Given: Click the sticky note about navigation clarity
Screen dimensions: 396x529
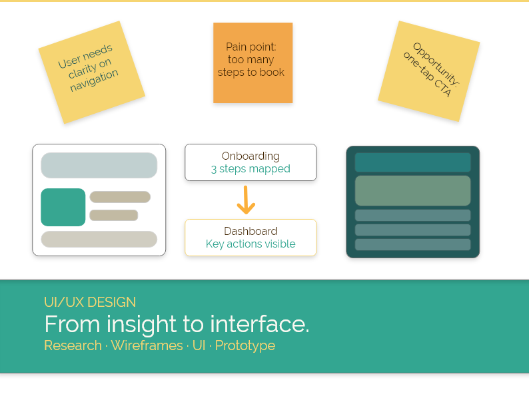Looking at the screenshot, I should click(91, 72).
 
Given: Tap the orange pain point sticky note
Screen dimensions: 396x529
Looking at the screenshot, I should click(253, 63).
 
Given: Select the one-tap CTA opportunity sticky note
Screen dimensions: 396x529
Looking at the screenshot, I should click(428, 71).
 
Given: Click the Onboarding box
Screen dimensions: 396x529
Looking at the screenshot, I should click(251, 162).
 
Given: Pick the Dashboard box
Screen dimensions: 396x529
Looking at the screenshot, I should click(251, 238).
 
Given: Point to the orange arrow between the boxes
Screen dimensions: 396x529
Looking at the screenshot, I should click(247, 200).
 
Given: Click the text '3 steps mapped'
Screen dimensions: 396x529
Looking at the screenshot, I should click(251, 169).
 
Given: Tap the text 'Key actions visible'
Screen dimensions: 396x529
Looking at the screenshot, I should click(251, 244).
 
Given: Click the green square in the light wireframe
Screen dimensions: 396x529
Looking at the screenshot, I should click(63, 207).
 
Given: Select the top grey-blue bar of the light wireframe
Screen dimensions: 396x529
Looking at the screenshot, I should click(99, 165).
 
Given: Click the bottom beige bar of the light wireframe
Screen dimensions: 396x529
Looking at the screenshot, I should click(99, 239).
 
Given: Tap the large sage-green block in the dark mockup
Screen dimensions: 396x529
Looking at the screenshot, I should click(412, 190).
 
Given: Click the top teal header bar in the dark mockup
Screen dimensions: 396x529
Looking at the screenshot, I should click(412, 162).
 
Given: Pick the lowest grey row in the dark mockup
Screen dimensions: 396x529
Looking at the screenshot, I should click(412, 244).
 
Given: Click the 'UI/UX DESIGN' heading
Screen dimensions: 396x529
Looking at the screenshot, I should click(90, 302).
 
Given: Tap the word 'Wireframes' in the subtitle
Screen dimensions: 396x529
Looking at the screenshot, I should click(147, 345).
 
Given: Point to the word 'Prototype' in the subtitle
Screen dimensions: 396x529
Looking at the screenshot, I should click(245, 345).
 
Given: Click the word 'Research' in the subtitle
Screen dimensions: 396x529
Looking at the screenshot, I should click(73, 345).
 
